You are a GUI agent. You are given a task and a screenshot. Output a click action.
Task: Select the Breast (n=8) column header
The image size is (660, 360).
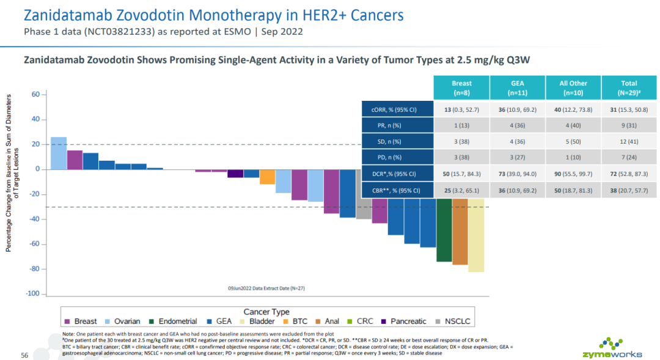click(x=461, y=88)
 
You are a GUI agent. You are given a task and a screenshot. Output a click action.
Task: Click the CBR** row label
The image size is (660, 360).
click(x=397, y=190)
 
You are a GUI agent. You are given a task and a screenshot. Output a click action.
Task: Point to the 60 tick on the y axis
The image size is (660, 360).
click(x=35, y=95)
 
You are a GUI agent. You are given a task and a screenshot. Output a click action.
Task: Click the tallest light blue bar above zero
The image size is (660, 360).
click(x=58, y=153)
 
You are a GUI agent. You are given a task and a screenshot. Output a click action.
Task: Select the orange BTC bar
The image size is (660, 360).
click(x=267, y=177)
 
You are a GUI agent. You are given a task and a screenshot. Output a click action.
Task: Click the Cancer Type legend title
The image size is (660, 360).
click(x=266, y=312)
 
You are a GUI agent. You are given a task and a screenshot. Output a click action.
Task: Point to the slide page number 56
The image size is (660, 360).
click(x=25, y=355)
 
